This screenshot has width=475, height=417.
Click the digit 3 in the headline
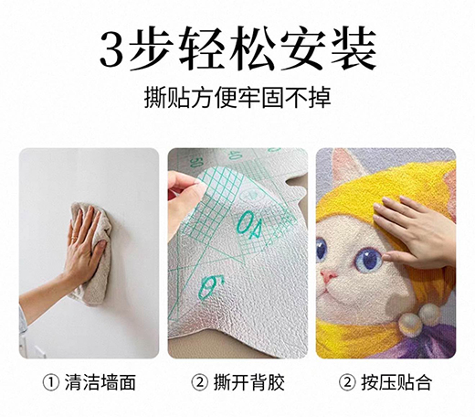112,49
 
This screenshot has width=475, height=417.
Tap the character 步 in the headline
150,48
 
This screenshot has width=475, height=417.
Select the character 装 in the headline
354,48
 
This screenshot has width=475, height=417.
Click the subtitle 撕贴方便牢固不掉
237,98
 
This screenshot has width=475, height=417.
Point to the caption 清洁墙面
100,382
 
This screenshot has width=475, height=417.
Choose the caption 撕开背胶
248,382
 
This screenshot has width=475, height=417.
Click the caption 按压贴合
396,382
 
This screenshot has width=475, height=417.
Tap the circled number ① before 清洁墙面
51,383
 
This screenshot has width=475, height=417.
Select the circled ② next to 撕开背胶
200,383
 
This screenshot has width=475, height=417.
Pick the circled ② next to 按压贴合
347,383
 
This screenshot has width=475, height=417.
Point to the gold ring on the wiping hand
74,237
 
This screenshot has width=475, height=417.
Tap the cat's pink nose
329,276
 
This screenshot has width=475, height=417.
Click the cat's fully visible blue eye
369,260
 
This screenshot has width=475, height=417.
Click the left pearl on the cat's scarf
410,325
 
